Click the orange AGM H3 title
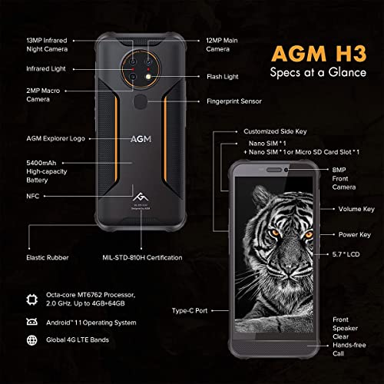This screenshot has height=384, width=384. point(319,54)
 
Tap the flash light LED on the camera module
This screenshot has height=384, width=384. point(148,77)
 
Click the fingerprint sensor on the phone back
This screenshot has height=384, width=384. point(141,101)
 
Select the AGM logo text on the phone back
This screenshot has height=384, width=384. point(141,139)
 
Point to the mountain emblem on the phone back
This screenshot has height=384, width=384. point(141,197)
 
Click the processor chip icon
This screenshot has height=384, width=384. point(31,299)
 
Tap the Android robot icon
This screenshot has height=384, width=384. point(31,322)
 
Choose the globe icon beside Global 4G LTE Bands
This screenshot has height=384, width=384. point(31,340)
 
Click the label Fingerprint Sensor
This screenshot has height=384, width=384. point(234,101)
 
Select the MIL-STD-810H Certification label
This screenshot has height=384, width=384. point(142,257)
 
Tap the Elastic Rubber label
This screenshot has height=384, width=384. point(48,257)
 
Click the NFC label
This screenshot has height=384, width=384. point(33,196)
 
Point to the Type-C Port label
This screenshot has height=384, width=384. point(190,311)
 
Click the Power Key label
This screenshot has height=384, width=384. point(355,235)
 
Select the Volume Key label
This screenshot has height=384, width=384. point(356,209)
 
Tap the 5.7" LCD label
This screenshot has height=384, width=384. point(346,254)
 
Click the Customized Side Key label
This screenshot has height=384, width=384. point(275,131)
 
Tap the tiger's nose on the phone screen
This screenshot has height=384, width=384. point(289,268)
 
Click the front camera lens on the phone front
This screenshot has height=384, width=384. point(286,170)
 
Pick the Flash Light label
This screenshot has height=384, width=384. point(223,77)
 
